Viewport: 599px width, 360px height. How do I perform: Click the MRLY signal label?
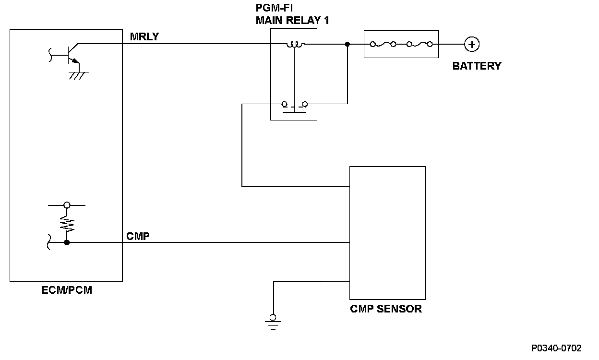[x=144, y=36]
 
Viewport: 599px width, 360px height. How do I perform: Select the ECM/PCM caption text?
[x=66, y=290]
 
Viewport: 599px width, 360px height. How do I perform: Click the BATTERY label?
[x=477, y=66]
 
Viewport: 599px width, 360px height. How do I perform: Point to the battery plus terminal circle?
[x=472, y=45]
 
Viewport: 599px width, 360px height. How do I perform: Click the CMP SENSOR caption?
[x=386, y=309]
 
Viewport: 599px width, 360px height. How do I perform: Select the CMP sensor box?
[x=387, y=233]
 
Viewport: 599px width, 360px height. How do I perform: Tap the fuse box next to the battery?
[x=401, y=44]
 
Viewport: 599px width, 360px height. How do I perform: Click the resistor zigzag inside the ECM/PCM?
[x=67, y=224]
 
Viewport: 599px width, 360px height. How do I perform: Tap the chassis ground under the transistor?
[x=77, y=74]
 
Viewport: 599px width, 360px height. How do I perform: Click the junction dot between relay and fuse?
[x=347, y=44]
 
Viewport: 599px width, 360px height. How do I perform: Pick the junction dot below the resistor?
[x=67, y=243]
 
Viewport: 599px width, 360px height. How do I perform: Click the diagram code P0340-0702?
[x=556, y=348]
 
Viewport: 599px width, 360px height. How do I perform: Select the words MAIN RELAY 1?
[x=292, y=20]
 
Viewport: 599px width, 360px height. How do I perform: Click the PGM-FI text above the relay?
[x=274, y=9]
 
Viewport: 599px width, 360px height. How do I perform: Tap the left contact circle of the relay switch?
[x=284, y=104]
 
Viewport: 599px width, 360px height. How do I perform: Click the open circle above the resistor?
[x=67, y=205]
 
